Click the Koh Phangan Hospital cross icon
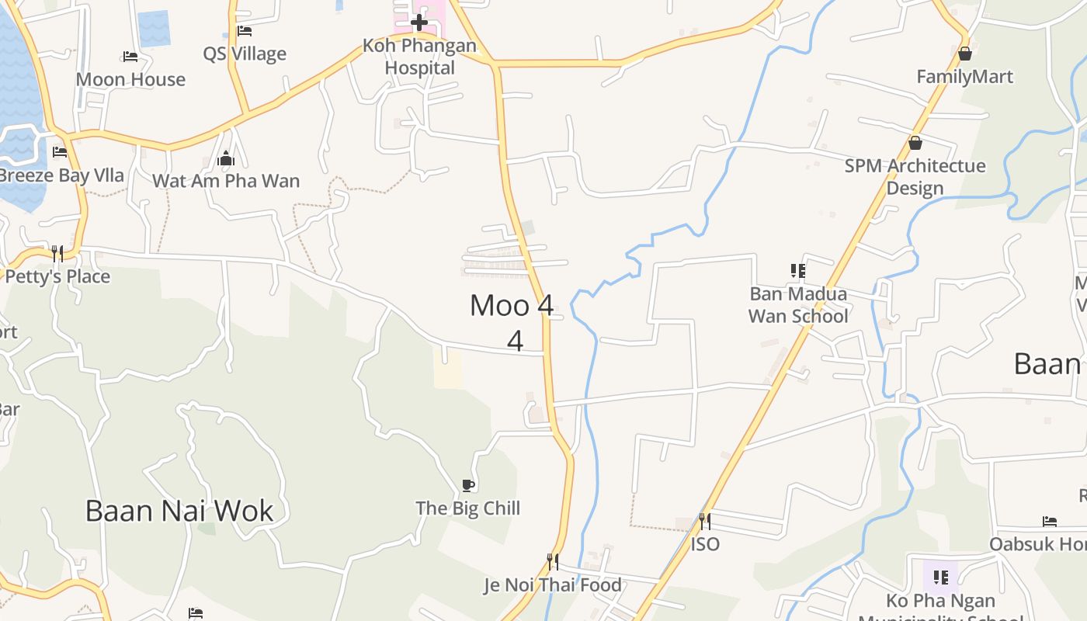(419, 22)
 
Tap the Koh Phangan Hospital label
(419, 57)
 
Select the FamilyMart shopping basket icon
(964, 54)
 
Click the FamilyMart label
(964, 77)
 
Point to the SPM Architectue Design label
(915, 177)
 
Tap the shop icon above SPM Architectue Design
(915, 143)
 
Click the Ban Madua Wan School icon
(797, 271)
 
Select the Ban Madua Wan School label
(797, 305)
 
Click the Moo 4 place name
(512, 306)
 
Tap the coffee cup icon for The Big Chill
(467, 485)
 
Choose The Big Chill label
(467, 508)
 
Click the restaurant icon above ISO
(704, 521)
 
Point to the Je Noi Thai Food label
(553, 585)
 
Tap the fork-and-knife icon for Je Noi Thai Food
(553, 561)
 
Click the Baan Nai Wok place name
(179, 511)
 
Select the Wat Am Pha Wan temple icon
(226, 158)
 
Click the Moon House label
(130, 79)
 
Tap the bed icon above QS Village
(245, 31)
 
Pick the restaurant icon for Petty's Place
(57, 253)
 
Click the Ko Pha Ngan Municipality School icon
(940, 577)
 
